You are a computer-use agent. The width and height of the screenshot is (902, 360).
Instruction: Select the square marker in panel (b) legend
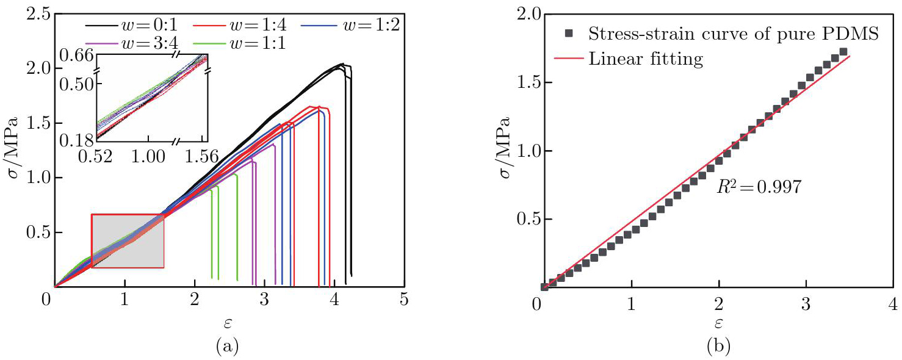[x=569, y=34]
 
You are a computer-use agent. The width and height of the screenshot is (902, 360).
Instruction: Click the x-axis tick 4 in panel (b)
[x=893, y=303]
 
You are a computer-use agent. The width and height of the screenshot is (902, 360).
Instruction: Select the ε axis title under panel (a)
[x=226, y=322]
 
